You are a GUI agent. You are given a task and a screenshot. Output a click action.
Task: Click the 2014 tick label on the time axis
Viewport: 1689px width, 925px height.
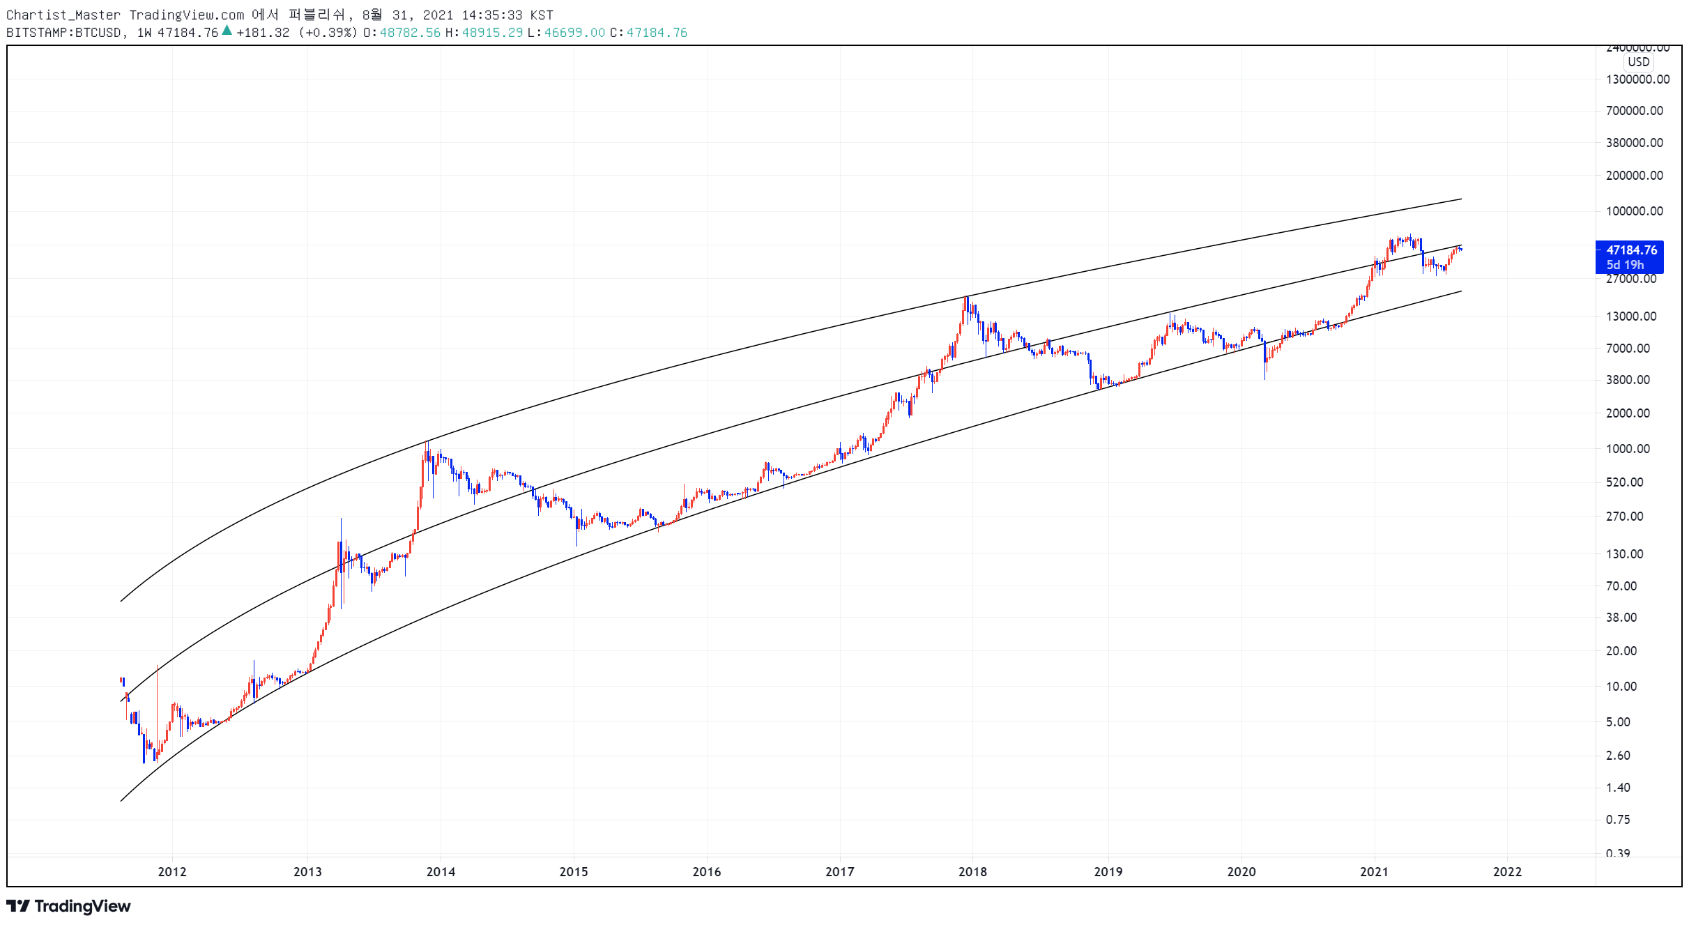[441, 871]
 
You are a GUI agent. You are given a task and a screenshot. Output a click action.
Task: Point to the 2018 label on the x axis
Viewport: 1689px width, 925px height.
[972, 871]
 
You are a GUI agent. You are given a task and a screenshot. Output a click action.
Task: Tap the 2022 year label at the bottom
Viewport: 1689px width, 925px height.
[1507, 871]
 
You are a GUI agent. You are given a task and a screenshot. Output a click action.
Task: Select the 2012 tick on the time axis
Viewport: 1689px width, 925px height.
[172, 871]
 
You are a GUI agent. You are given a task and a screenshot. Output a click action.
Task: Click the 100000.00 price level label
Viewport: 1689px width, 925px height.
[1634, 211]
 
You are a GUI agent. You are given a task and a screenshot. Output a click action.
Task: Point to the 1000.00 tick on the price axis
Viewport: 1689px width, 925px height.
[1628, 448]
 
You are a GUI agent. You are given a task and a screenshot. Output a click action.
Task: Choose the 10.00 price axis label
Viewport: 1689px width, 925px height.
[1621, 686]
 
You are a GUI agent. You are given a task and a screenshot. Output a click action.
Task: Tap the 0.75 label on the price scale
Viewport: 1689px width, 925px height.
[1618, 819]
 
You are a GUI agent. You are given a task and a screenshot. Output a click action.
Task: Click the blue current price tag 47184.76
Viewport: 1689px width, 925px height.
[1630, 257]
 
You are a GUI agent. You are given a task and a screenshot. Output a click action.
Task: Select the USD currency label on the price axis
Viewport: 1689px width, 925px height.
[1638, 62]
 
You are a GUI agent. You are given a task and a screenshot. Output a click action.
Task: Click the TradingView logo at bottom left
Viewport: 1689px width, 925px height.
[68, 906]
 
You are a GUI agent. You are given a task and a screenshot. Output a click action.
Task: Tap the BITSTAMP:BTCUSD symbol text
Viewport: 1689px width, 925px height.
[63, 33]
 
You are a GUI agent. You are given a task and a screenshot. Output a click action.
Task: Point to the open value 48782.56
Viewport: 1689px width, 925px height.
[410, 33]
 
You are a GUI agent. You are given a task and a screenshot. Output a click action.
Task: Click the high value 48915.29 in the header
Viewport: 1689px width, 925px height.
[492, 33]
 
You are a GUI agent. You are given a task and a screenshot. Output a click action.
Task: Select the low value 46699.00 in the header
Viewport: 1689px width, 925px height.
[574, 33]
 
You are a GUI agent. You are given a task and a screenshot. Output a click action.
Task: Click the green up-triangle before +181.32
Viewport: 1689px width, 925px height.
[227, 30]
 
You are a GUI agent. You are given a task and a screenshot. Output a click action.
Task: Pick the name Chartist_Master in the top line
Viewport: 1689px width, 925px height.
[63, 15]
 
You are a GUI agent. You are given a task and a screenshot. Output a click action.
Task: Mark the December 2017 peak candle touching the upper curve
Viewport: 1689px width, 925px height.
[966, 307]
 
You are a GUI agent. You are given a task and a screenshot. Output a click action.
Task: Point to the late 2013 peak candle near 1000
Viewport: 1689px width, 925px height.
[427, 453]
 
